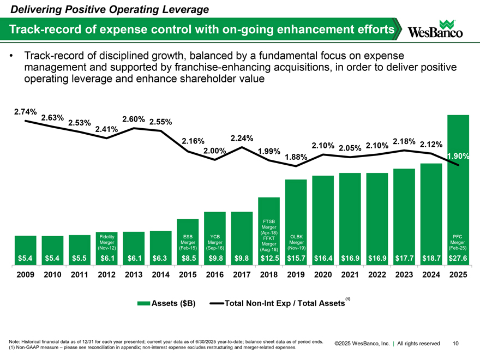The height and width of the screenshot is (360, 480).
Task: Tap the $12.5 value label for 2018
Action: click(269, 257)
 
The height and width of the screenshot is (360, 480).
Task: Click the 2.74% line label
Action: click(25, 112)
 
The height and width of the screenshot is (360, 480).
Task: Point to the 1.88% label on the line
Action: click(296, 157)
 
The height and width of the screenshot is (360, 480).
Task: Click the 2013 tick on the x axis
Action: click(134, 275)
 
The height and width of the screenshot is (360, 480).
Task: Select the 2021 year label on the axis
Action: click(350, 275)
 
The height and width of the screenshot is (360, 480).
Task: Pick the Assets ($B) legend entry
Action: click(167, 303)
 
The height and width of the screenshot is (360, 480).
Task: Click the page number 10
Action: click(455, 343)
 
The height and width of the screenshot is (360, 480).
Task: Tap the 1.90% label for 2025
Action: click(457, 157)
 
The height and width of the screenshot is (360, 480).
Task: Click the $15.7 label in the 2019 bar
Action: click(296, 257)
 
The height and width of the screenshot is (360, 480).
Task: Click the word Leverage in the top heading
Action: click(184, 9)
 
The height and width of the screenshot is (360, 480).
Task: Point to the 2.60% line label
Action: click(133, 119)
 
